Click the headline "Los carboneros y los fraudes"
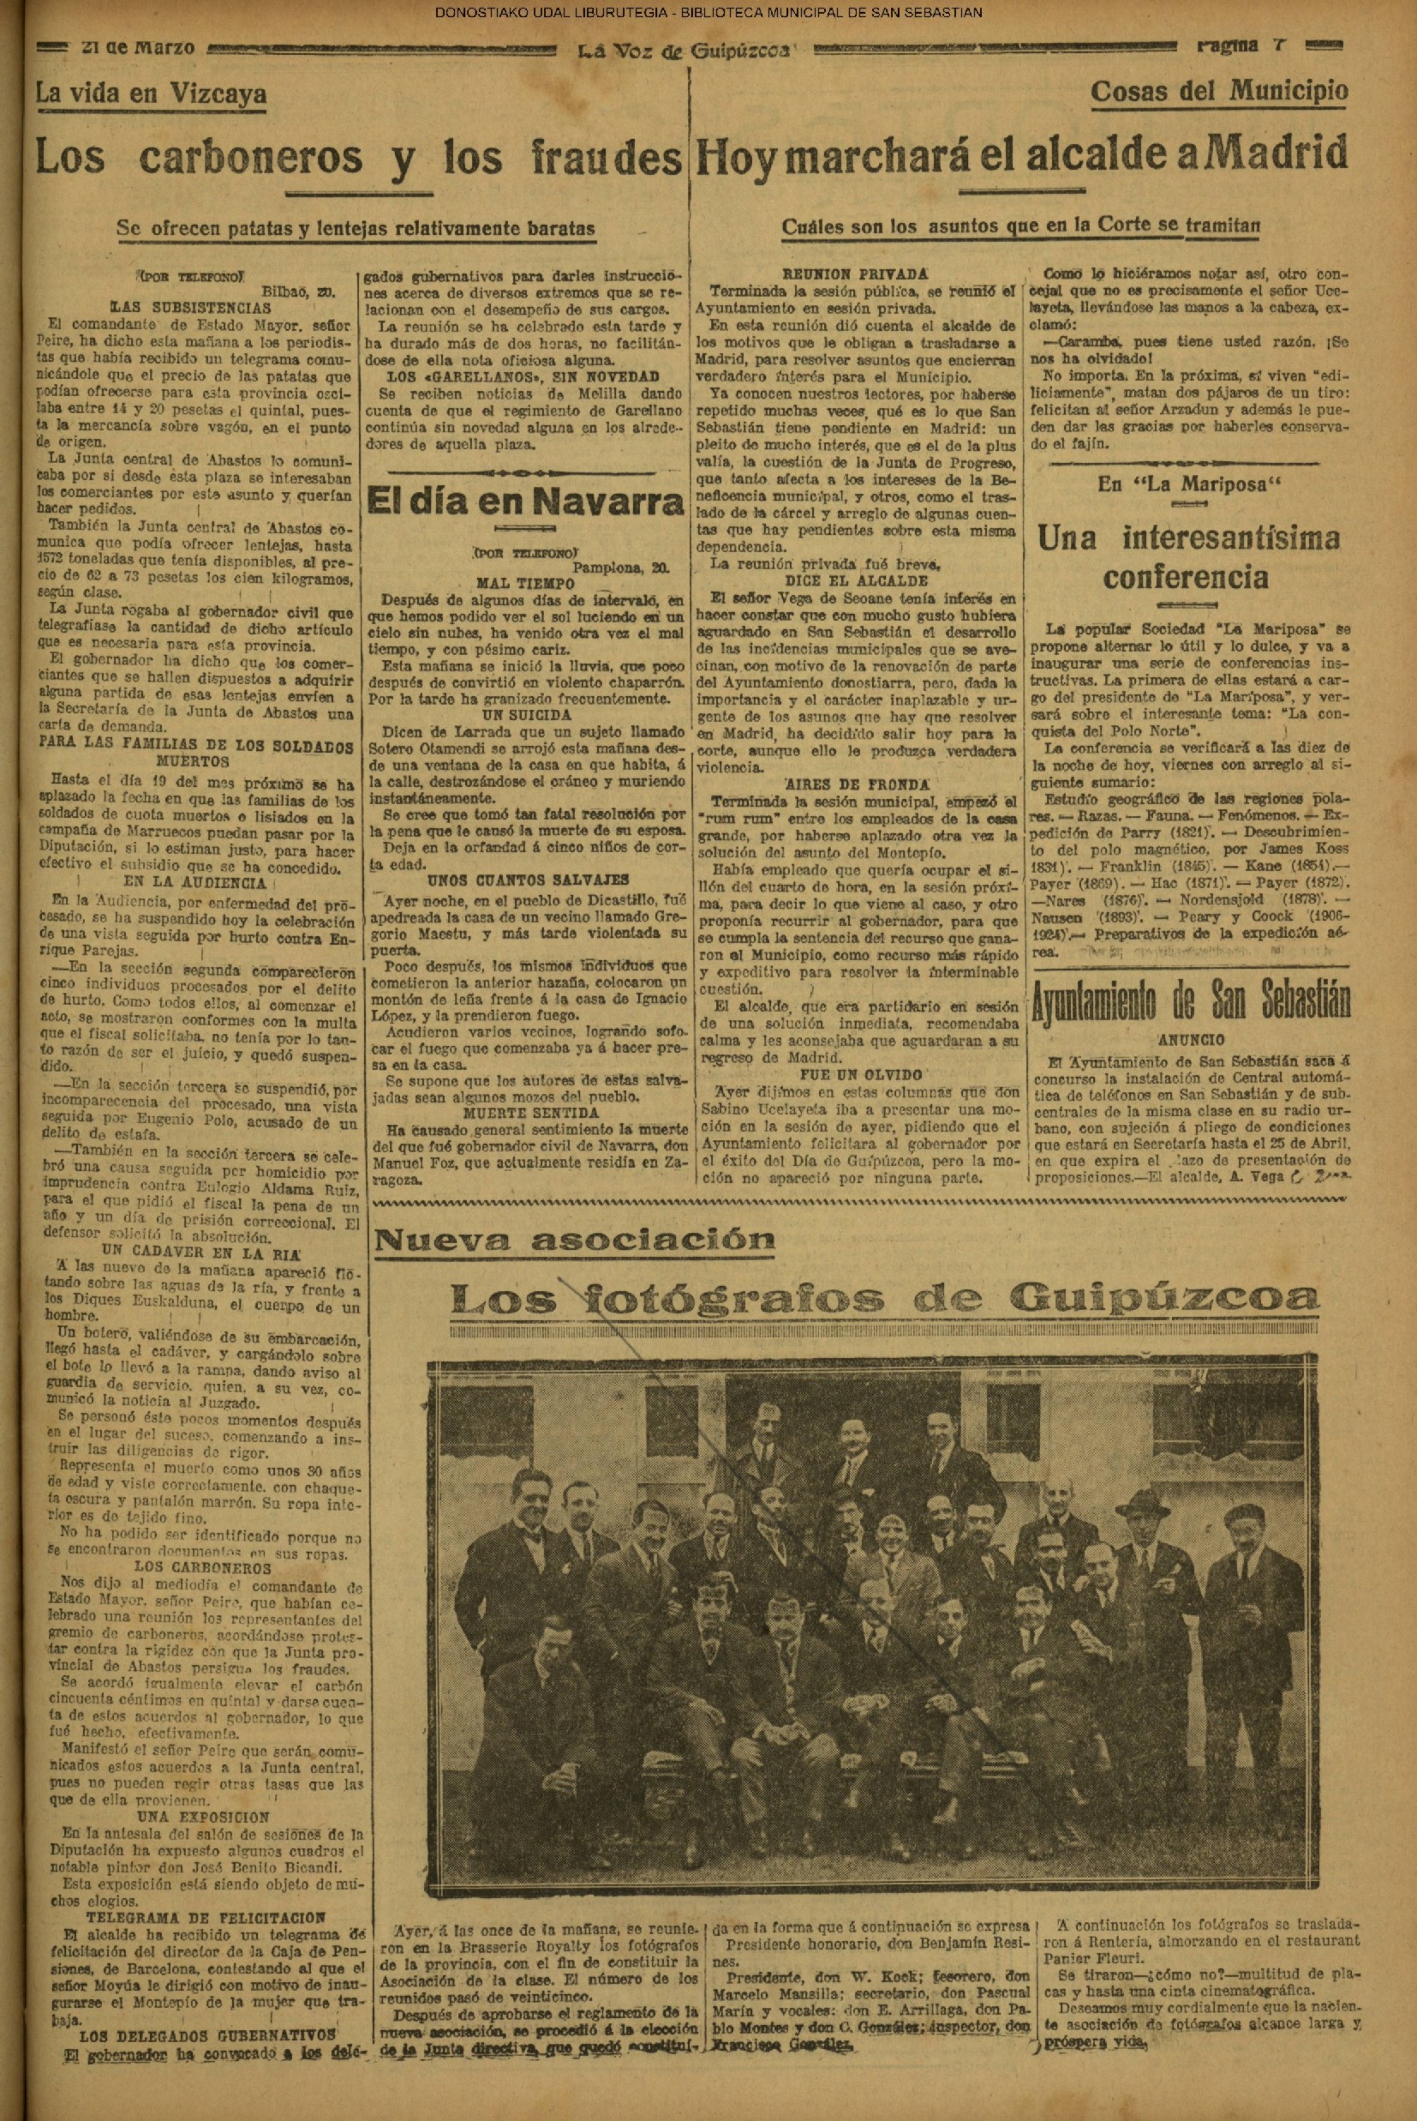pos(357,159)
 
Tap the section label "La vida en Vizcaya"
pos(151,93)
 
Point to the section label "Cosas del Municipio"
pos(1219,90)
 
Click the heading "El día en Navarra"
pos(526,502)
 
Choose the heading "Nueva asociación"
pos(575,1240)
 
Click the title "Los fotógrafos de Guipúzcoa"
pos(884,1298)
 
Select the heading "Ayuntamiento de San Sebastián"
pos(1190,1001)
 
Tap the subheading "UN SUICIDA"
pos(525,714)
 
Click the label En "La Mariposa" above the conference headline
pos(1189,484)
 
